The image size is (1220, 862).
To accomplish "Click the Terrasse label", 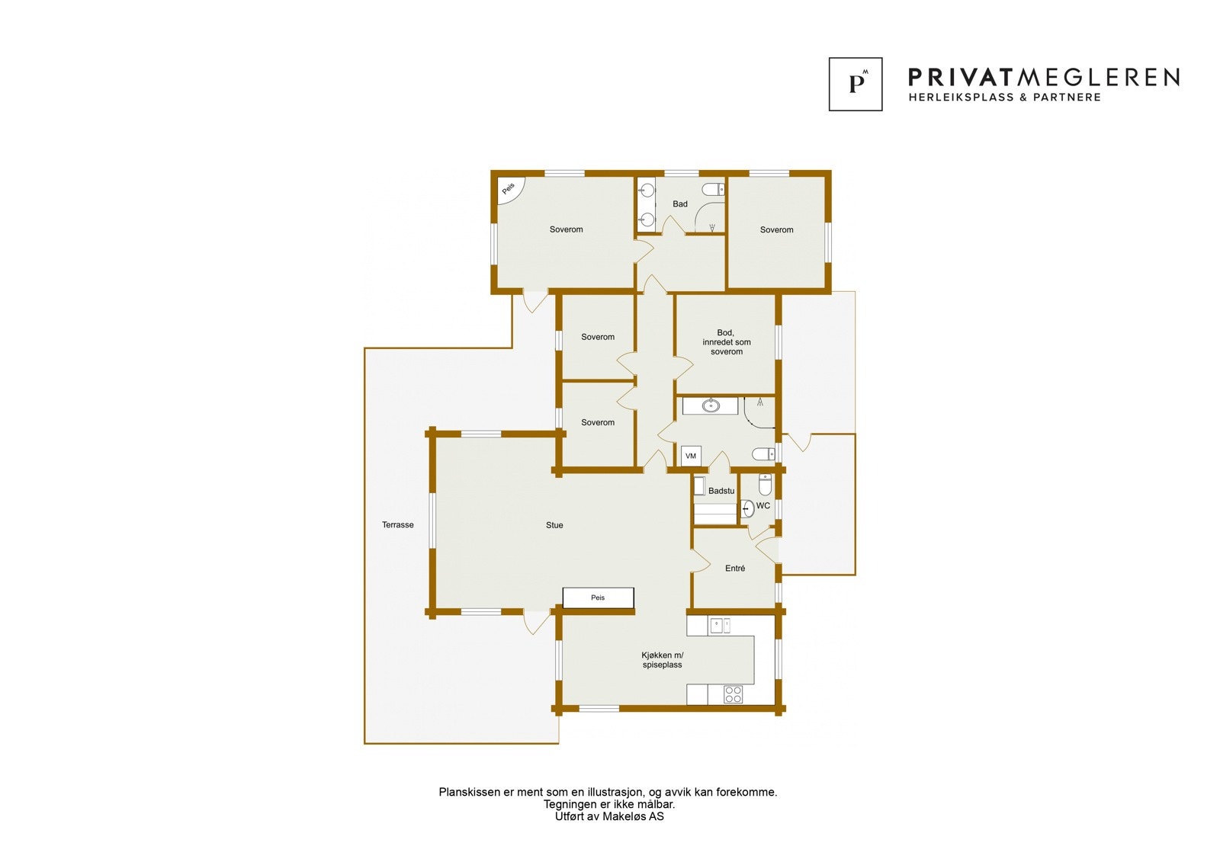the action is pyautogui.click(x=397, y=525).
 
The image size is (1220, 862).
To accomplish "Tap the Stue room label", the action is pyautogui.click(x=554, y=525).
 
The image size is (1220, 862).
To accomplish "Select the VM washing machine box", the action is pyautogui.click(x=691, y=457).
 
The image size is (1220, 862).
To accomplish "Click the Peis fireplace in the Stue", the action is pyautogui.click(x=598, y=598).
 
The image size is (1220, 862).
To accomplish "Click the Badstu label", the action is pyautogui.click(x=721, y=491).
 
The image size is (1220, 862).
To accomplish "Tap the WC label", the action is pyautogui.click(x=763, y=506).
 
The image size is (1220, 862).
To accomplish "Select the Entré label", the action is pyautogui.click(x=735, y=569).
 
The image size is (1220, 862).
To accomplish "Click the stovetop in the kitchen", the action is pyautogui.click(x=733, y=694).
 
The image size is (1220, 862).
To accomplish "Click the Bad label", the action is pyautogui.click(x=679, y=203).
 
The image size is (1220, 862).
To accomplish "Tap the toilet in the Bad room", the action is pyautogui.click(x=713, y=190).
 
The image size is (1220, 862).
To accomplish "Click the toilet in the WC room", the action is pyautogui.click(x=766, y=484).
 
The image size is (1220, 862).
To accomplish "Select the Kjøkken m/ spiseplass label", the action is pyautogui.click(x=663, y=660).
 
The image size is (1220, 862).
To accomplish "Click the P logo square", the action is pyautogui.click(x=856, y=84).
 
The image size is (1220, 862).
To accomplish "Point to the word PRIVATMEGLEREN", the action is pyautogui.click(x=1044, y=78).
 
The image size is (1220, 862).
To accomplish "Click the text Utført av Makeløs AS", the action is pyautogui.click(x=609, y=816).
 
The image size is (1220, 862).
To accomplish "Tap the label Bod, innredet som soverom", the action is pyautogui.click(x=726, y=342).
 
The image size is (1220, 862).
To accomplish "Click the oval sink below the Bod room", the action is pyautogui.click(x=711, y=405).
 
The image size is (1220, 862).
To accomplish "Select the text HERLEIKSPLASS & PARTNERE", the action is pyautogui.click(x=1005, y=98).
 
